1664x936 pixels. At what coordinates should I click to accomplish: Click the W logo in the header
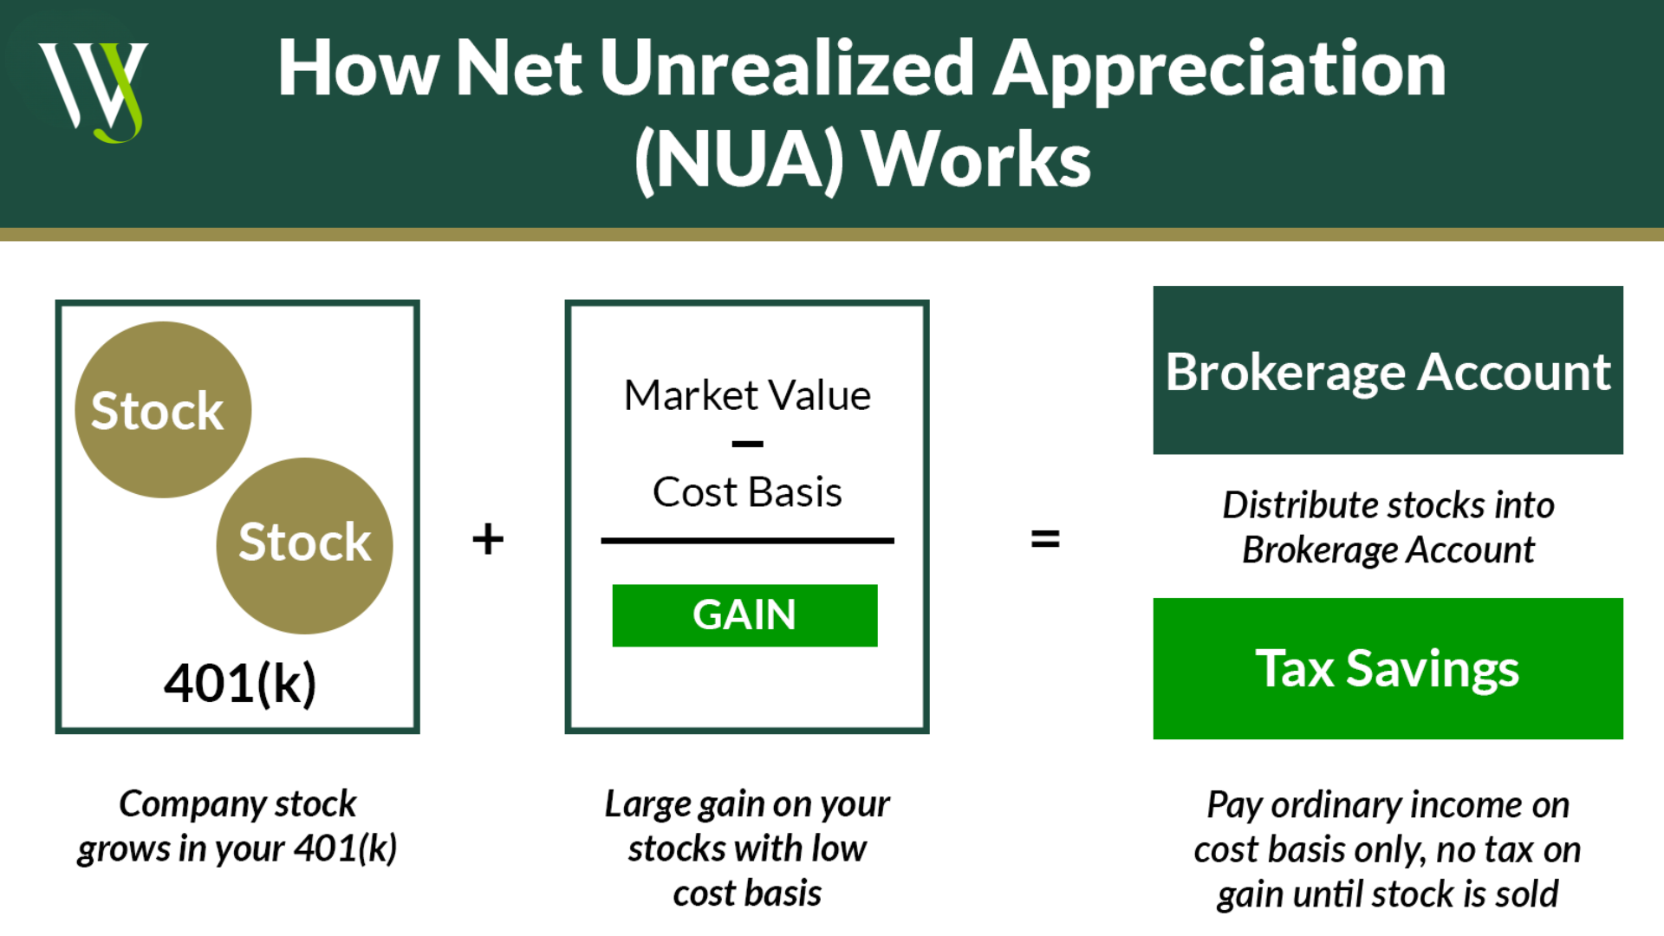93,91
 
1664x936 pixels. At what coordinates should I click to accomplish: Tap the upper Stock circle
163,410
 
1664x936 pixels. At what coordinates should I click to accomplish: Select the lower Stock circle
304,546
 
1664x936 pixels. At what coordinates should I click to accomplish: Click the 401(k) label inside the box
240,684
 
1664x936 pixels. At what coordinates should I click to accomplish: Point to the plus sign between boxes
488,538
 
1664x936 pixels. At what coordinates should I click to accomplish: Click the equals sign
1045,539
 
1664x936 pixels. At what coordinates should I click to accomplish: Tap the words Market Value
747,395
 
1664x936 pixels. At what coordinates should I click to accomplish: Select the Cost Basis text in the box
747,492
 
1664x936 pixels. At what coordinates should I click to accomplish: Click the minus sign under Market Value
747,444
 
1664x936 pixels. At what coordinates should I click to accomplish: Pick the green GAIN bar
744,615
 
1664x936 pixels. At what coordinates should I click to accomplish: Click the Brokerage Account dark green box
1388,370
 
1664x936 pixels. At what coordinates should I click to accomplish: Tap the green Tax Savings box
1388,668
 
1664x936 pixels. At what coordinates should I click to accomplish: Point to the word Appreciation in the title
1220,71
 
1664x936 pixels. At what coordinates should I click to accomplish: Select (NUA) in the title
739,159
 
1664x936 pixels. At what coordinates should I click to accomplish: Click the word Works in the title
978,159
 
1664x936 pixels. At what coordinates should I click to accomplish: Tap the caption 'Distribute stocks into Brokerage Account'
1388,527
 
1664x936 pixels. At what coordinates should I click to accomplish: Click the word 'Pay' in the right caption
1234,806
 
